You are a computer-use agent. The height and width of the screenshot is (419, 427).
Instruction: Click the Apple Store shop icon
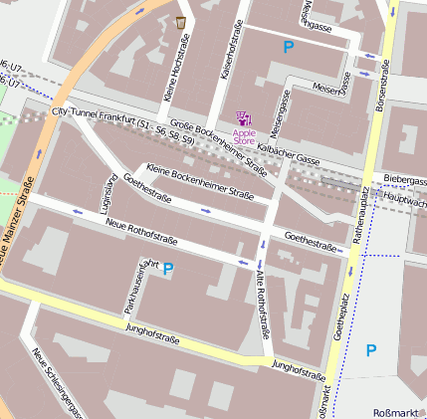tap(244, 117)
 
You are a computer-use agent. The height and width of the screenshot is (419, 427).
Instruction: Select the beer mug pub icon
tap(180, 22)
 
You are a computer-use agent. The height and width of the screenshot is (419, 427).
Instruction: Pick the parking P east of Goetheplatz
tap(371, 349)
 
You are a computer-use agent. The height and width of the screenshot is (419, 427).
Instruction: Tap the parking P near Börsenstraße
tap(289, 46)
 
